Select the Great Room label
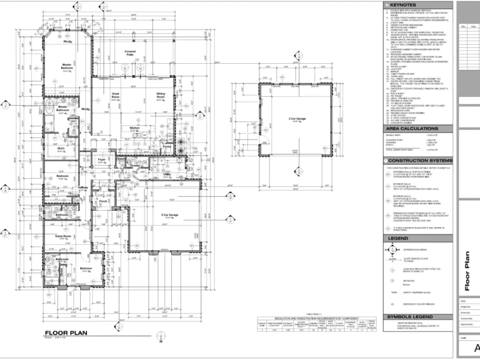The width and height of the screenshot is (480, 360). [x=116, y=95]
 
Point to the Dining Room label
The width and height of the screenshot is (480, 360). [x=160, y=95]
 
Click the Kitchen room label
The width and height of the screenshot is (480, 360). [x=134, y=128]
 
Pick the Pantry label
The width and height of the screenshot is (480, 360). [x=167, y=146]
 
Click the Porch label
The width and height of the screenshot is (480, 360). [x=103, y=202]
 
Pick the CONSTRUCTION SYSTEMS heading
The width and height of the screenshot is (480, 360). [x=420, y=160]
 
